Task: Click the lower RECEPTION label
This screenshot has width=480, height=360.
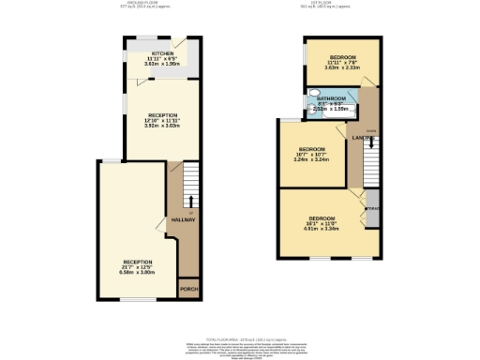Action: tap(137, 262)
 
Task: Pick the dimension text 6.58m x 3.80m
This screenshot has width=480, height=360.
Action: tap(137, 272)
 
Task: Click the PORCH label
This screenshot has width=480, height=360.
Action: tap(188, 289)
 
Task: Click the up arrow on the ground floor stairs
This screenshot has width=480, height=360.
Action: tap(192, 200)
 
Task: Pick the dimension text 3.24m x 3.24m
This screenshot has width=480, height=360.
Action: tap(311, 159)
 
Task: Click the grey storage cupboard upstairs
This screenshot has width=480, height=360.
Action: tap(372, 214)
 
